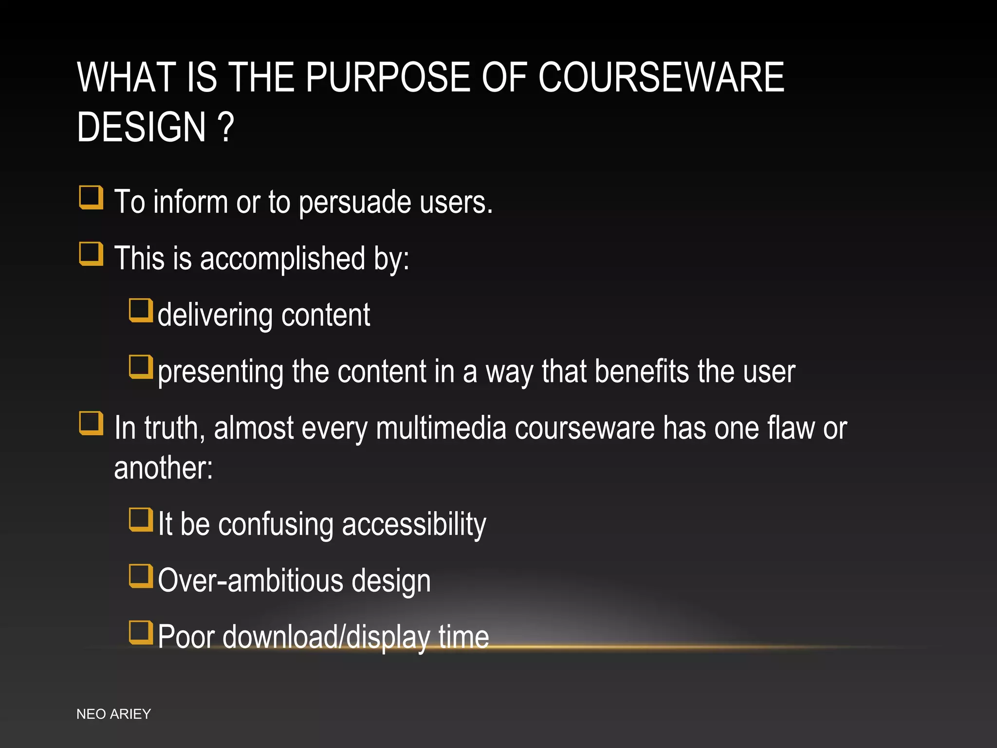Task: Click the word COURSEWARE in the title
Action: [x=661, y=77]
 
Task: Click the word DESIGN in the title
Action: [x=142, y=128]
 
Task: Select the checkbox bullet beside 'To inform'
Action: [x=91, y=197]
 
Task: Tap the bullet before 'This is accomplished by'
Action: [x=91, y=254]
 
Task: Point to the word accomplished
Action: [x=282, y=259]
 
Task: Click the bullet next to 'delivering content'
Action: [x=141, y=310]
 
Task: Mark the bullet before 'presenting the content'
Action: [x=141, y=367]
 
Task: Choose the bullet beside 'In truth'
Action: [x=91, y=423]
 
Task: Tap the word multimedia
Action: [x=441, y=429]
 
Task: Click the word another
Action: [x=163, y=468]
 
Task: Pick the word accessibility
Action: [x=414, y=524]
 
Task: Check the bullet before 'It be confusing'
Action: [x=141, y=520]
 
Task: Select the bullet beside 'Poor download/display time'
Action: [x=141, y=633]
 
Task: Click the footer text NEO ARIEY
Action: [x=114, y=714]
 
